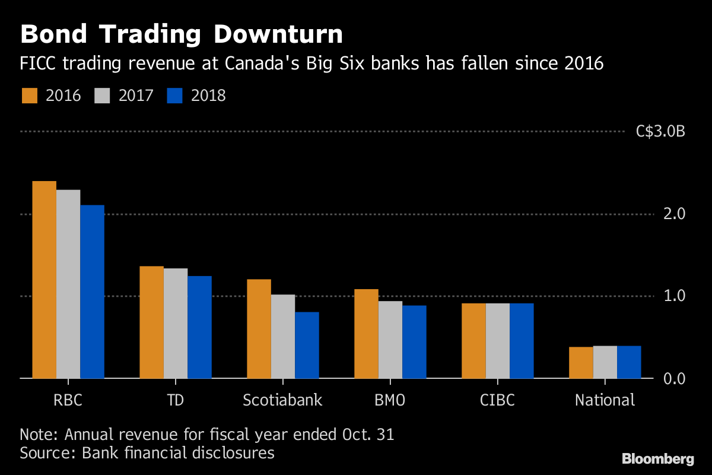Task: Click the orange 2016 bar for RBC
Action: tap(44, 280)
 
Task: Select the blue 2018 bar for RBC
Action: tap(92, 292)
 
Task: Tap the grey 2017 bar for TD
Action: tap(176, 323)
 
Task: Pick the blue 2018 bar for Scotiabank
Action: tap(307, 345)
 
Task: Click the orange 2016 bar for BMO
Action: tap(366, 334)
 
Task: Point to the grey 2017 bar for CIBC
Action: tap(497, 341)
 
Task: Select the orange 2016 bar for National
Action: tap(581, 362)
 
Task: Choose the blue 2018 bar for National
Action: tap(629, 362)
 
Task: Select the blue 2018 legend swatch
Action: tap(174, 96)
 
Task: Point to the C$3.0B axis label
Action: tap(660, 132)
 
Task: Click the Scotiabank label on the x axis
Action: tap(282, 400)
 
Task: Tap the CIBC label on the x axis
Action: tap(497, 400)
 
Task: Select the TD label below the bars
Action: tap(176, 400)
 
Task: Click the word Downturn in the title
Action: tap(278, 34)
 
